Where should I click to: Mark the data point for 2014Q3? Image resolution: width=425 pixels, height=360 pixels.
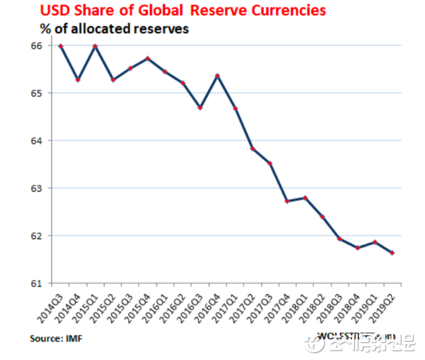coord(61,46)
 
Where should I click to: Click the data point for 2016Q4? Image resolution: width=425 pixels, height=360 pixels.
coord(218,76)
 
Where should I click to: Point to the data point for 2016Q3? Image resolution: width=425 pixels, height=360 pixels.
coord(200,108)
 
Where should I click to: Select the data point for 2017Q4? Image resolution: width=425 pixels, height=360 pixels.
coord(287,201)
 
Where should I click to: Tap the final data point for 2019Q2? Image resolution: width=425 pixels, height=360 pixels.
coord(392,253)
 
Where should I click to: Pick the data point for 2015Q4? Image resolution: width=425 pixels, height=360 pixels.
coord(148,58)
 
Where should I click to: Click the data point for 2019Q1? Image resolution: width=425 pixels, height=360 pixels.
coord(375,242)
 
